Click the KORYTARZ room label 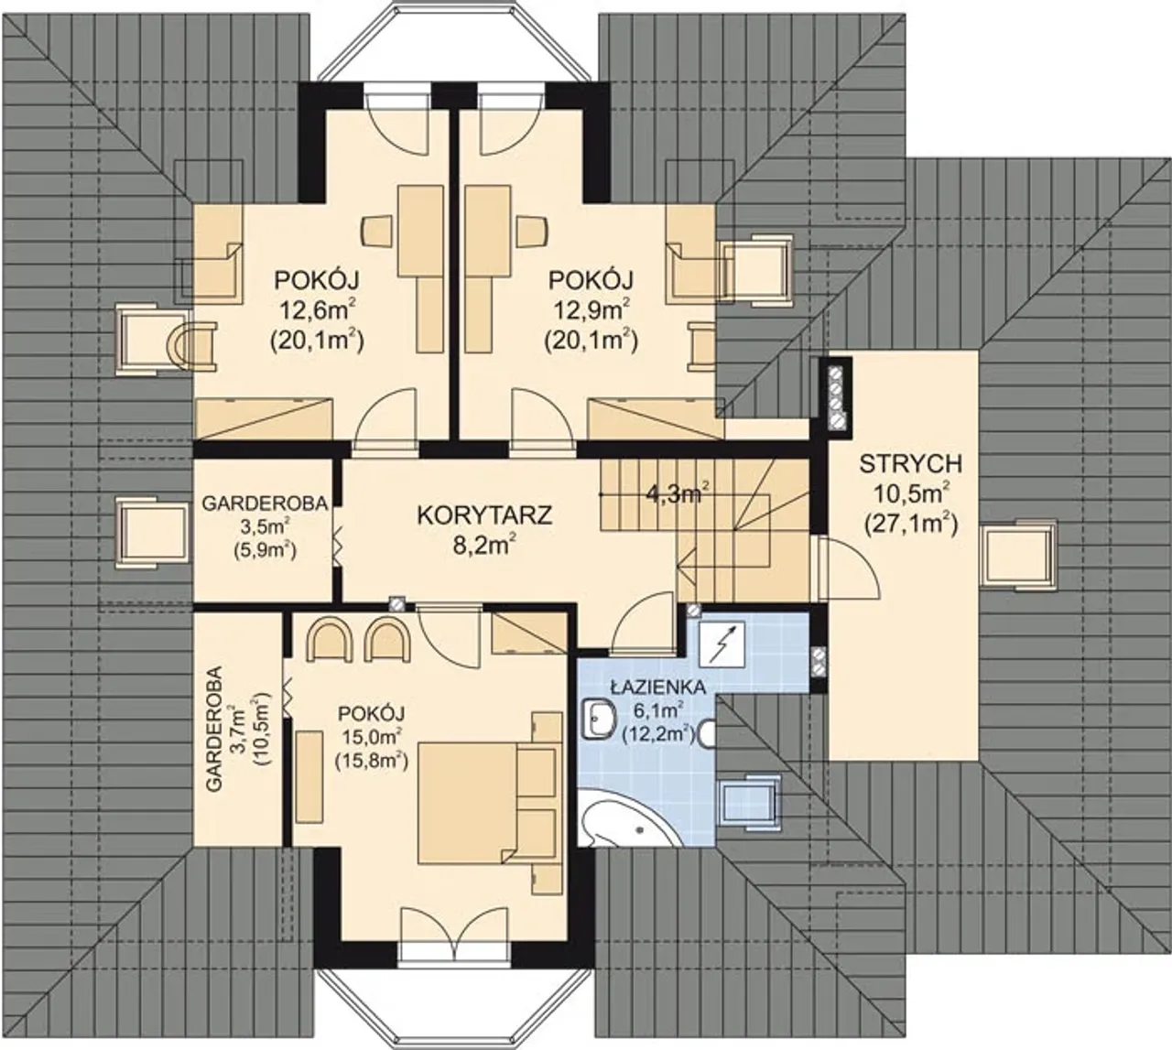point(484,514)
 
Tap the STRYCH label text point(910,464)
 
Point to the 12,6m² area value point(317,312)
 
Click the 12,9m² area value point(591,312)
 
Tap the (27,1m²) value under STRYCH point(910,525)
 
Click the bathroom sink point(598,720)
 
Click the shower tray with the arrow point(722,643)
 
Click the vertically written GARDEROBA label point(214,730)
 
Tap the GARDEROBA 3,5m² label point(265,527)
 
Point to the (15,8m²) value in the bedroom point(372,761)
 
